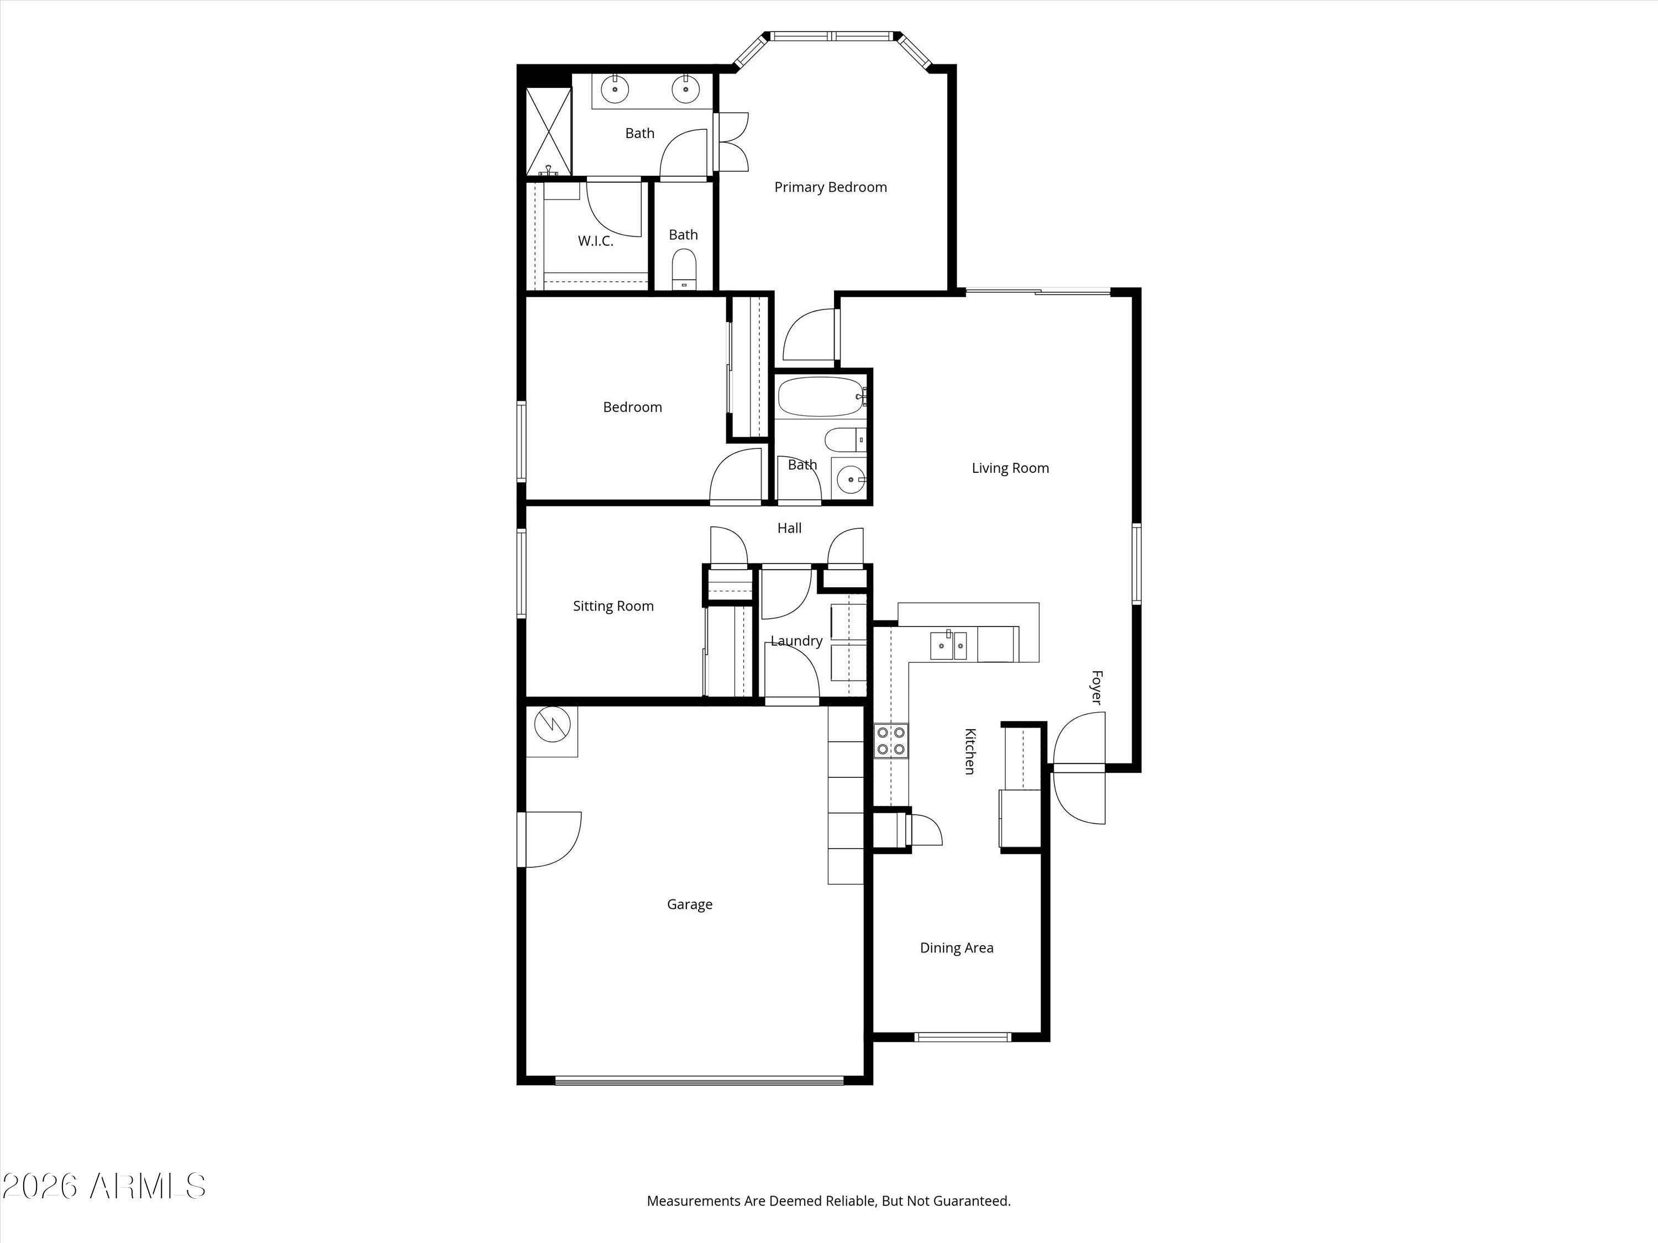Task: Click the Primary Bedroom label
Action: point(831,187)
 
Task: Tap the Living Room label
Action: point(1010,468)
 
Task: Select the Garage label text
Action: point(690,904)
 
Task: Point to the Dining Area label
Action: point(957,948)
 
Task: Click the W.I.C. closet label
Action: point(596,241)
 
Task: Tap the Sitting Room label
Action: point(613,606)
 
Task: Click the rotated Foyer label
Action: point(1096,688)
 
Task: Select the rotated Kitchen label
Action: point(969,751)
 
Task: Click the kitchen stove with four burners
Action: point(890,740)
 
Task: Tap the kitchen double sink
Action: point(949,645)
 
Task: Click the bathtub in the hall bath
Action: point(821,397)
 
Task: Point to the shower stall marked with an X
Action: point(549,131)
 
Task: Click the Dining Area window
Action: point(962,1037)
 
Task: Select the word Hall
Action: point(789,528)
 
